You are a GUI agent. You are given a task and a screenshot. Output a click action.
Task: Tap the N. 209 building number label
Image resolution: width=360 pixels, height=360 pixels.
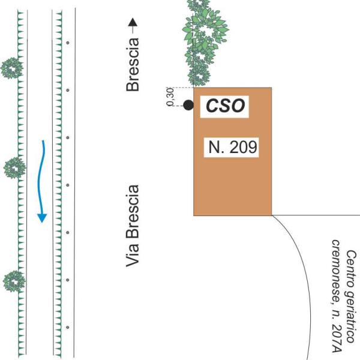232,147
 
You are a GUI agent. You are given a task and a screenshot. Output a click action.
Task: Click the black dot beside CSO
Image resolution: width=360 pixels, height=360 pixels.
188,106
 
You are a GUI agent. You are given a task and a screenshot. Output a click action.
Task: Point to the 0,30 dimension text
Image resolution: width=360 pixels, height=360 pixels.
170,97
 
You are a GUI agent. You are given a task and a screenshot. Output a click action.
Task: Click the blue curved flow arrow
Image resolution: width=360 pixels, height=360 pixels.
42,180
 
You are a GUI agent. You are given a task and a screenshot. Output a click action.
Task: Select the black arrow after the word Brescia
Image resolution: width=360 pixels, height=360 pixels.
133,25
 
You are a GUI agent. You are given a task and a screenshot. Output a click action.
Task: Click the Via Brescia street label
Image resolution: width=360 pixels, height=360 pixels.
133,225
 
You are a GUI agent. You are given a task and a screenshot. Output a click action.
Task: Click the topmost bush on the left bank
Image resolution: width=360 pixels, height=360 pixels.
11,68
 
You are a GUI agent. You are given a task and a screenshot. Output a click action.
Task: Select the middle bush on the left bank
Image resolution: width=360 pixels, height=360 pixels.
13,167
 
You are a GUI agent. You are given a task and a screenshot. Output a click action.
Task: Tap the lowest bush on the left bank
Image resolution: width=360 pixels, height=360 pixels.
13,280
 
